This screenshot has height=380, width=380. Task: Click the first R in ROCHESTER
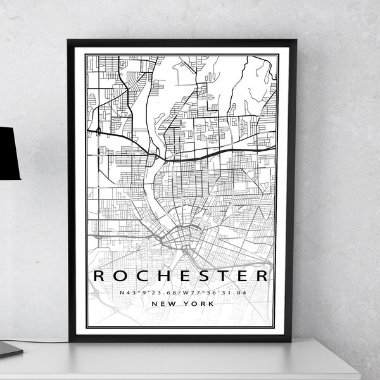pos(100,277)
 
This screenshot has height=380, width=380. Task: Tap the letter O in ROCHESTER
pos(120,277)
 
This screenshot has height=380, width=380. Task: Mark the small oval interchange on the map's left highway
pos(99,130)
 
